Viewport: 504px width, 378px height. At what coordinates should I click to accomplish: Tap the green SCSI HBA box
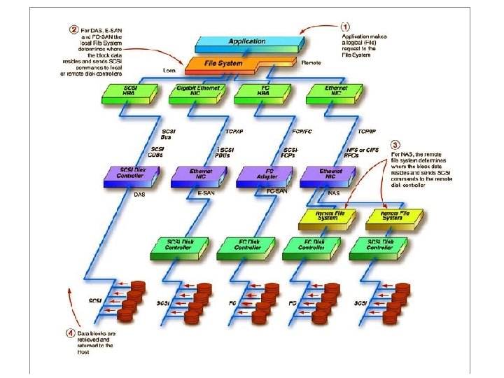(x=131, y=91)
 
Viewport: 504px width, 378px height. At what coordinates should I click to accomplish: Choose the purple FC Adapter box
(x=260, y=174)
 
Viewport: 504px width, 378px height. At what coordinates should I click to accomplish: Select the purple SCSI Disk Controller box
(x=132, y=174)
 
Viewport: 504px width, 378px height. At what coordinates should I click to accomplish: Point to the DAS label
(x=139, y=195)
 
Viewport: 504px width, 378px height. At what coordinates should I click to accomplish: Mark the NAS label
(x=334, y=191)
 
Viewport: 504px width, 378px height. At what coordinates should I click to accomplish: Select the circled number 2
(x=73, y=30)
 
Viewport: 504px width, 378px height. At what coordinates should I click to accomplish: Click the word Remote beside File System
(x=311, y=62)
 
